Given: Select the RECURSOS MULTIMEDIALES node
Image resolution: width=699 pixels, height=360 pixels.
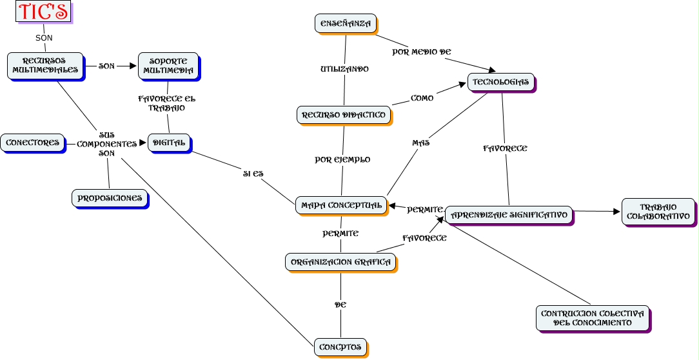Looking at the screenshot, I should [45, 65].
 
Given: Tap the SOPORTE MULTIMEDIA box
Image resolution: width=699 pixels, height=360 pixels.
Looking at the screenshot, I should [168, 65].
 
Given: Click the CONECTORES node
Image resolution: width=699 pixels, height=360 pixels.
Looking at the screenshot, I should [32, 142].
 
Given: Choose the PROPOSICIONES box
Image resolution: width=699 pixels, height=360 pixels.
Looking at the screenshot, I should [110, 198].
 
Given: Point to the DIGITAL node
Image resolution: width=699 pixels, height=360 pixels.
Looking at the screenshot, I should [169, 142].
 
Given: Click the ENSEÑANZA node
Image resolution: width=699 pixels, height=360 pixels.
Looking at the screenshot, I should [346, 24].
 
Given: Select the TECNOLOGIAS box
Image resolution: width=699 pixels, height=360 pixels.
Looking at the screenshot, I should [501, 82].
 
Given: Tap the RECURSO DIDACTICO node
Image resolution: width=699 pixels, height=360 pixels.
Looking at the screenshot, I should [344, 115].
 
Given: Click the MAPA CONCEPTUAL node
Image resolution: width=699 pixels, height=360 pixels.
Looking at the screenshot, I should [341, 205].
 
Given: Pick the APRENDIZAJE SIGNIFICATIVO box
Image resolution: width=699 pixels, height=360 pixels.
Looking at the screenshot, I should [509, 214].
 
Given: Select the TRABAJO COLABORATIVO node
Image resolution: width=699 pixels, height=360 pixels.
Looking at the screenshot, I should [658, 212].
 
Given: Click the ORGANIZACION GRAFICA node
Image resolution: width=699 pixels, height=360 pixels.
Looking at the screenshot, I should [340, 262].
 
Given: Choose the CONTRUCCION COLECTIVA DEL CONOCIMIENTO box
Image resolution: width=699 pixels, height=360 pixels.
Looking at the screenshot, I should [593, 318].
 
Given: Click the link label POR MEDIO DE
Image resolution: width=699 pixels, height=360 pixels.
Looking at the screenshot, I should [422, 52].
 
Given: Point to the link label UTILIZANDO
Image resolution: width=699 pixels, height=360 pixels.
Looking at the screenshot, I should [344, 68].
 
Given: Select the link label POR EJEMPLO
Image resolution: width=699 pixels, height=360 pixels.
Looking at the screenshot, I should [342, 159].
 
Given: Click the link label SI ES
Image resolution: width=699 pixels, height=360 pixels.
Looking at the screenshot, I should [253, 174].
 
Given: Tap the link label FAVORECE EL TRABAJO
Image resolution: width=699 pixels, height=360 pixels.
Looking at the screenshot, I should [166, 103].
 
